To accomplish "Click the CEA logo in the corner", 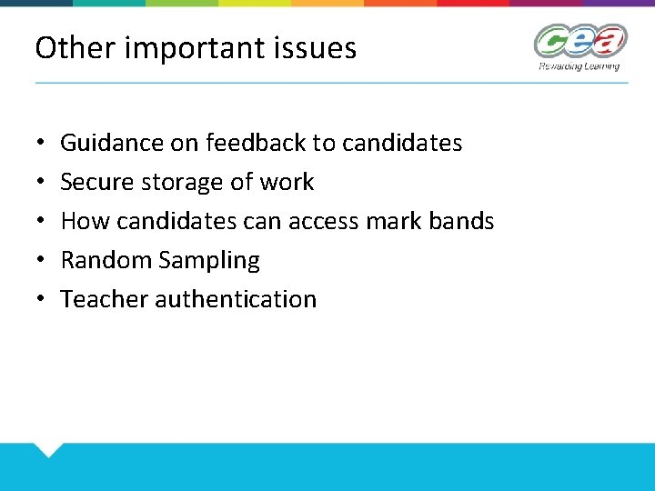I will pyautogui.click(x=580, y=42).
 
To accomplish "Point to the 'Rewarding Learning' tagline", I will pyautogui.click(x=579, y=65).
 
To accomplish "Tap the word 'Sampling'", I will pyautogui.click(x=209, y=261).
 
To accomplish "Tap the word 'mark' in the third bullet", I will pyautogui.click(x=395, y=221).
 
